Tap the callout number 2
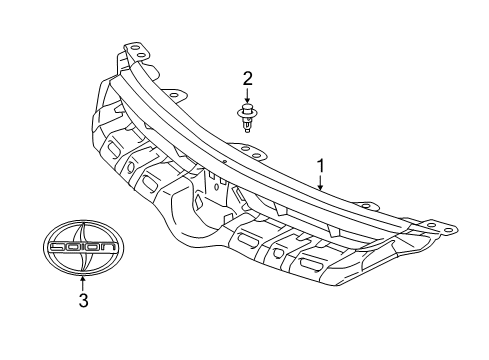click(x=247, y=78)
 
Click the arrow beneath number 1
click(x=320, y=180)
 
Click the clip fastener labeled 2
click(x=247, y=117)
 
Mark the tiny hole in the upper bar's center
click(x=227, y=159)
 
